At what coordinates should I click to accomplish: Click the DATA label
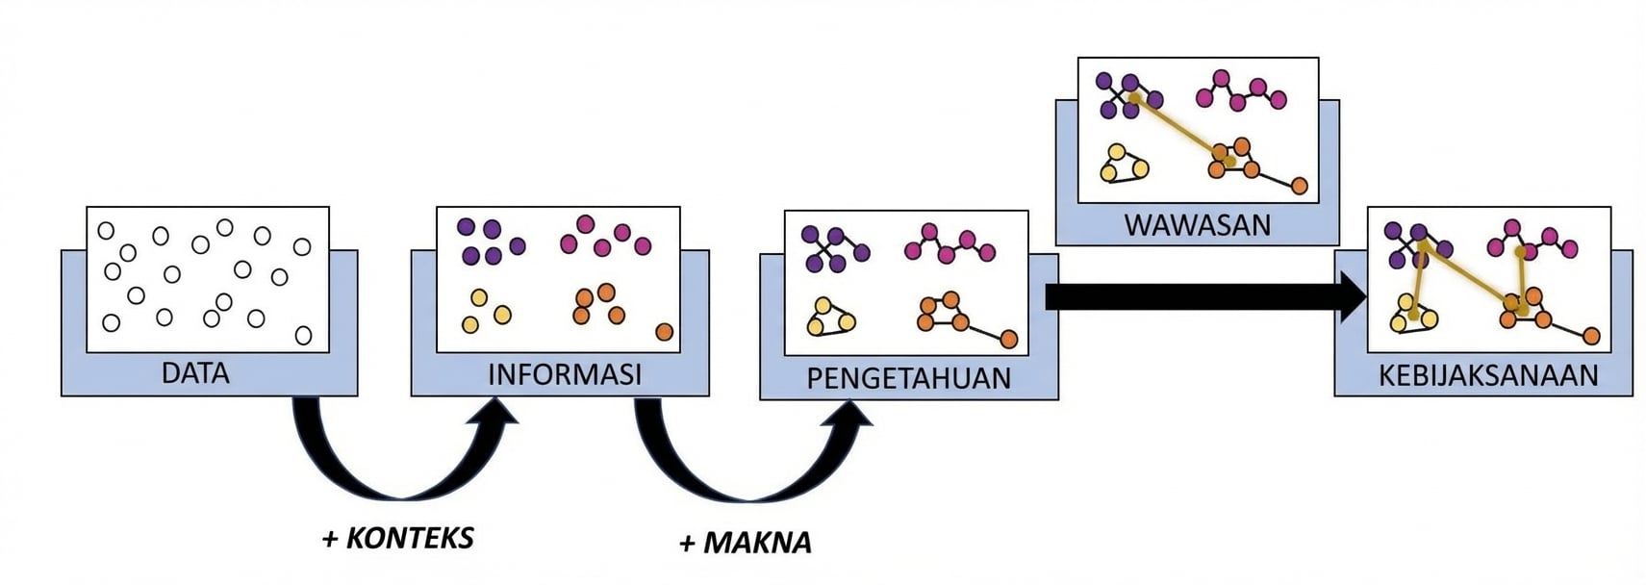click(x=195, y=373)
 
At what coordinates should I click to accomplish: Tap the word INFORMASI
click(x=564, y=374)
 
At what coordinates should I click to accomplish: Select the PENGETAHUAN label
click(x=908, y=378)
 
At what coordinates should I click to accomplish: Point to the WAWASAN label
click(x=1197, y=225)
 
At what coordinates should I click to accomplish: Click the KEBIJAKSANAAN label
click(x=1487, y=374)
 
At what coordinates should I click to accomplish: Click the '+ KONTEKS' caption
click(x=397, y=538)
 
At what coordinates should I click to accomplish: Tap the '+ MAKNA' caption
click(x=745, y=543)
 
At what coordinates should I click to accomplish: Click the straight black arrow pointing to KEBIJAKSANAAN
click(x=1203, y=296)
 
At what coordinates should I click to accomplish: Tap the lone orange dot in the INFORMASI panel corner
click(x=664, y=332)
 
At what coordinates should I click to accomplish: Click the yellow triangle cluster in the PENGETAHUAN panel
click(x=829, y=318)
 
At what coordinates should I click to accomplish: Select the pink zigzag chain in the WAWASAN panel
click(x=1240, y=91)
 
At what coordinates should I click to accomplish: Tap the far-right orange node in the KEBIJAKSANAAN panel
click(x=1591, y=336)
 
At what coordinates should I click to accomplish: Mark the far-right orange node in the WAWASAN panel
click(x=1299, y=186)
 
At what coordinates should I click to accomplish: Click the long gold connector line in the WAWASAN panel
click(x=1178, y=128)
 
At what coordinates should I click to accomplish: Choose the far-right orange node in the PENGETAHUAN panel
click(x=1008, y=339)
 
